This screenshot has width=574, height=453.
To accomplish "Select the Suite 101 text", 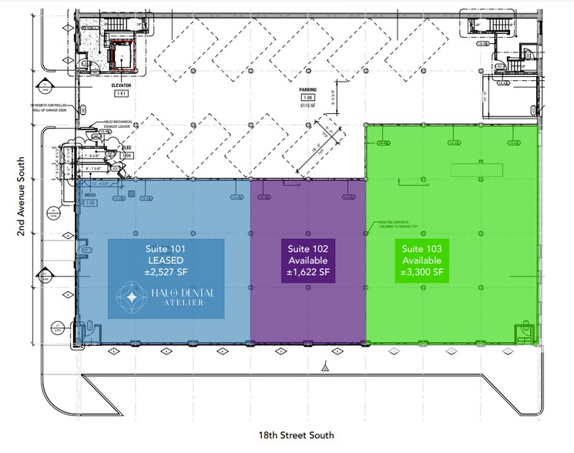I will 166,249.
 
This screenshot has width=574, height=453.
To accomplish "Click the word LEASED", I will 166,260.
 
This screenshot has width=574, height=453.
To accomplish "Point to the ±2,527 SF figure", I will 166,272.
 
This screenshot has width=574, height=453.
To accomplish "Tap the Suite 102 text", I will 307,249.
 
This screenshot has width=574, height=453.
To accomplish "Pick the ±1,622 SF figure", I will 307,272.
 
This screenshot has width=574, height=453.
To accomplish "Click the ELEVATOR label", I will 120,86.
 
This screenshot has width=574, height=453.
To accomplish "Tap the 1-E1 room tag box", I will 120,93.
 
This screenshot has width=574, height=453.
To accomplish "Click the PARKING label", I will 308,89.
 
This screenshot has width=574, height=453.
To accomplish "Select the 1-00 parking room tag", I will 308,97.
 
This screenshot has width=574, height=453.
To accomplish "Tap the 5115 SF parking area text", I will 308,105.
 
